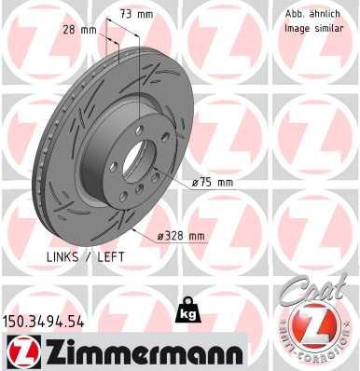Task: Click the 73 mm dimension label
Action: (136, 14)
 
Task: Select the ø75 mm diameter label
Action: (212, 182)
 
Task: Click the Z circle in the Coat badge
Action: (315, 328)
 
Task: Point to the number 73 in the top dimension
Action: (128, 14)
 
